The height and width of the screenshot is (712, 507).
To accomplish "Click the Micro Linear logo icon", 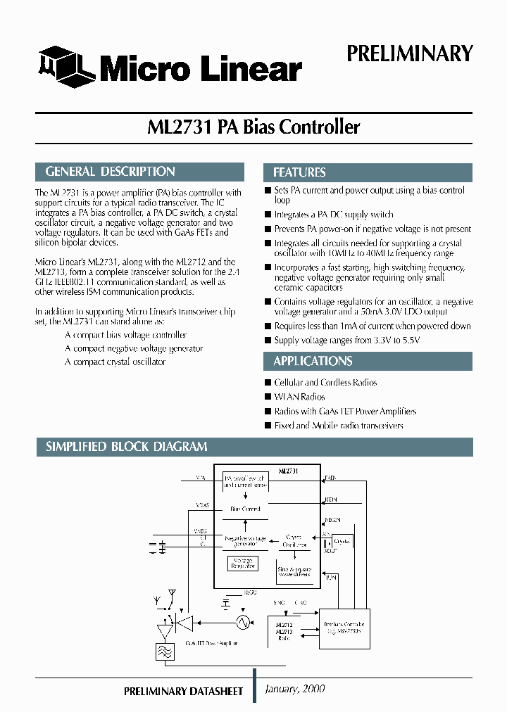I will [65, 65].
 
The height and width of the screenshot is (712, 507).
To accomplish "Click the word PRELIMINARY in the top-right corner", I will [409, 54].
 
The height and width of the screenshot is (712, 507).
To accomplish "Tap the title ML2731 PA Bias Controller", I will [254, 127].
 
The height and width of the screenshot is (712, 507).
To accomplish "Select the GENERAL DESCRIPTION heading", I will [111, 172].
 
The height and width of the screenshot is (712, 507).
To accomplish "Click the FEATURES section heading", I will [299, 172].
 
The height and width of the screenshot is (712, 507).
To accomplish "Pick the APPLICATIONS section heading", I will [313, 361].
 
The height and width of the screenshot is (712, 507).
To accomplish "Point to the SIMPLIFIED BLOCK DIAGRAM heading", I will [127, 447].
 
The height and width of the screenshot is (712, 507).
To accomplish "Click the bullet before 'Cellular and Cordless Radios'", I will [268, 383].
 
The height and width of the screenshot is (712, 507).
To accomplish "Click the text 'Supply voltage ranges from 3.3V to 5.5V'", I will [346, 341].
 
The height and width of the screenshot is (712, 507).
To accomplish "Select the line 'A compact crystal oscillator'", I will [115, 362].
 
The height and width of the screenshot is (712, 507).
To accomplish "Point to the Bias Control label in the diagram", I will [245, 509].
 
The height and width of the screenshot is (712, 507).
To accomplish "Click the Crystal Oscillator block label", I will [295, 540].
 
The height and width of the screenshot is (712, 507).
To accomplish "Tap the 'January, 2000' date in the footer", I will [295, 689].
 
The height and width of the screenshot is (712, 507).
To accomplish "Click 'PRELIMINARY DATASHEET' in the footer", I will [183, 692].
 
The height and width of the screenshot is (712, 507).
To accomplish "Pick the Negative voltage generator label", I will [244, 541].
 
